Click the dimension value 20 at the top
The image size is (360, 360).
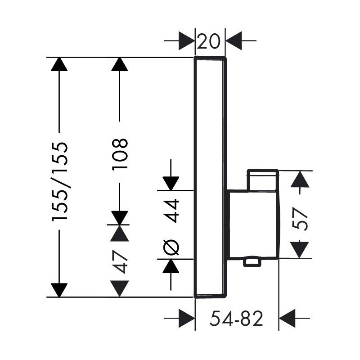tap(208, 41)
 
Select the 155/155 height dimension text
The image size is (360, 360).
tap(60, 182)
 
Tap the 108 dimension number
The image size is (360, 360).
tap(120, 154)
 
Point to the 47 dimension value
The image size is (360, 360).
tap(120, 262)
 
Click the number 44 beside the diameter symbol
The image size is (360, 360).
tap(171, 211)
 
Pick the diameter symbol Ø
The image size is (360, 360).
tap(171, 247)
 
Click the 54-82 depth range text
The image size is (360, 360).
tap(236, 319)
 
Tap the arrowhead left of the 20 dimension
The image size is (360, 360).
tap(187, 41)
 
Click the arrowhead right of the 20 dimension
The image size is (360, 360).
tap(234, 41)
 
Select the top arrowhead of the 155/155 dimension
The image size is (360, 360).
tap(59, 64)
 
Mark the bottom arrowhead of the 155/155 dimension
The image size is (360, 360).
tap(59, 290)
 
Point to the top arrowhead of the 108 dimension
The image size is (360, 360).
tap(120, 64)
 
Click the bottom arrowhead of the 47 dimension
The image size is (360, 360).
tap(120, 288)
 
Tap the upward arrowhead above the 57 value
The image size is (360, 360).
tap(300, 179)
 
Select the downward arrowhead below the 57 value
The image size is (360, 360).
tap(299, 250)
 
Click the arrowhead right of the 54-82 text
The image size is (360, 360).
tap(287, 319)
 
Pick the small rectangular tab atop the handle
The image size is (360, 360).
tap(263, 180)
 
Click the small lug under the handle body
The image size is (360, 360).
tap(252, 262)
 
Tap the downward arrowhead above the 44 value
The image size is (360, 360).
tap(171, 184)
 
